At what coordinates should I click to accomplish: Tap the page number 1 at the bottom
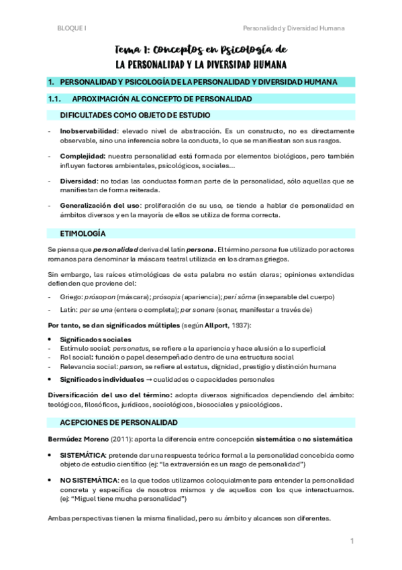point(352,541)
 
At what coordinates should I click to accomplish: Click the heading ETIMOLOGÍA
point(83,233)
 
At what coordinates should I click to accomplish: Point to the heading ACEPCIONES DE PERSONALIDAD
point(119,423)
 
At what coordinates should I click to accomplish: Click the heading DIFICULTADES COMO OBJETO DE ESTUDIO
point(134,115)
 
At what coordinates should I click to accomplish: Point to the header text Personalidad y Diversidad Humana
point(294,28)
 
